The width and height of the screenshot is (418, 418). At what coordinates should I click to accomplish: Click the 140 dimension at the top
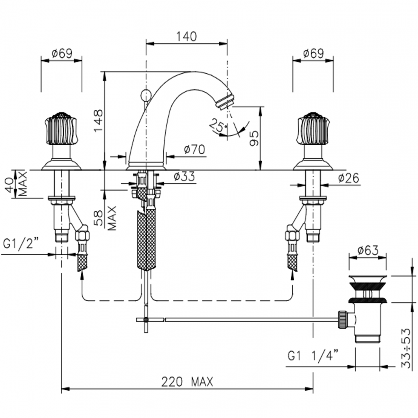[x=186, y=36]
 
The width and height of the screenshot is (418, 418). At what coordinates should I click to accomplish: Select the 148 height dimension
[x=98, y=121]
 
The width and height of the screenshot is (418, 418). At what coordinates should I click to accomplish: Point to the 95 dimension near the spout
[x=254, y=138]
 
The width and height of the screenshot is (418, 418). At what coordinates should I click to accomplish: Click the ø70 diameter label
[x=194, y=150]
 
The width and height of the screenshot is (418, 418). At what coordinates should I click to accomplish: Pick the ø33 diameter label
[x=184, y=177]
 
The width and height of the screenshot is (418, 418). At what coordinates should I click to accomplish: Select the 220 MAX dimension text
[x=187, y=382]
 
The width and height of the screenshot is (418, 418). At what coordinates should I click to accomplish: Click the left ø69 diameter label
[x=61, y=53]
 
